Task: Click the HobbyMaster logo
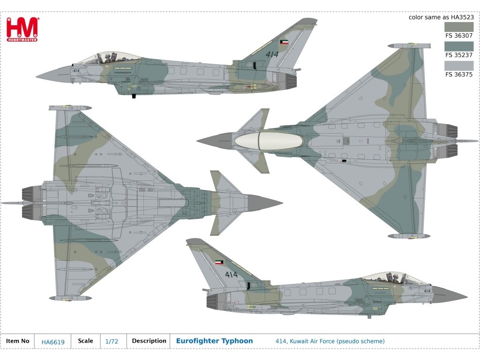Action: click(x=22, y=30)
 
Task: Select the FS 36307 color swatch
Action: click(x=459, y=27)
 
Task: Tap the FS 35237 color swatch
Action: click(x=459, y=46)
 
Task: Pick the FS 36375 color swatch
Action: click(x=459, y=66)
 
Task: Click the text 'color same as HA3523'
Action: click(x=441, y=17)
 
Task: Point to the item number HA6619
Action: click(x=52, y=342)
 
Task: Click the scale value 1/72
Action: click(x=112, y=342)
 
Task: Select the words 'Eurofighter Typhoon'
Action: click(x=214, y=341)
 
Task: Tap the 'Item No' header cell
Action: click(x=18, y=341)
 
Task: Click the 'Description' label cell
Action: click(x=149, y=341)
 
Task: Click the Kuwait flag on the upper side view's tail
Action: click(x=284, y=42)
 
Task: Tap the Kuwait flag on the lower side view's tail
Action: click(x=219, y=262)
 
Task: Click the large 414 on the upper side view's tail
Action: click(x=272, y=54)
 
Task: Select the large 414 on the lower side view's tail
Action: click(x=231, y=274)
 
